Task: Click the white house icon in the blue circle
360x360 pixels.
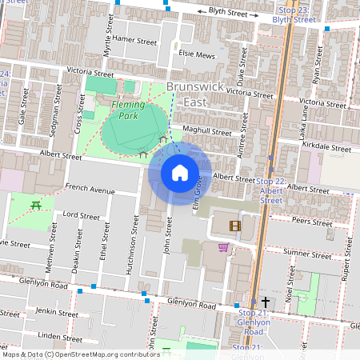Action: coord(180,172)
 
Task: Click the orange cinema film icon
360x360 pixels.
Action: coord(234,226)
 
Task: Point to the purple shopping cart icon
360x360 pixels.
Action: coord(222,247)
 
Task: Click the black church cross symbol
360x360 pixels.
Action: coord(265,302)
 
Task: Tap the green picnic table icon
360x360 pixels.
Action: coord(36,206)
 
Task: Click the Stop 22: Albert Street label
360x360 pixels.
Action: coord(271,191)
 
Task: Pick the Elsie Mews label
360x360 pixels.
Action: coord(198,55)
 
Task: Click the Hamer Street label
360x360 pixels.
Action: coord(135,39)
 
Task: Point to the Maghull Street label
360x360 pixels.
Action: coord(206,130)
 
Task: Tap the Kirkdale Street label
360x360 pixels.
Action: coord(328,148)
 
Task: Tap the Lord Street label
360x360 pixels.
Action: coord(81,215)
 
